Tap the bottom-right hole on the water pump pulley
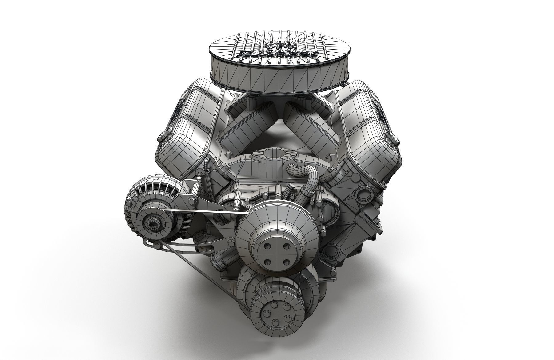click(x=287, y=262)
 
